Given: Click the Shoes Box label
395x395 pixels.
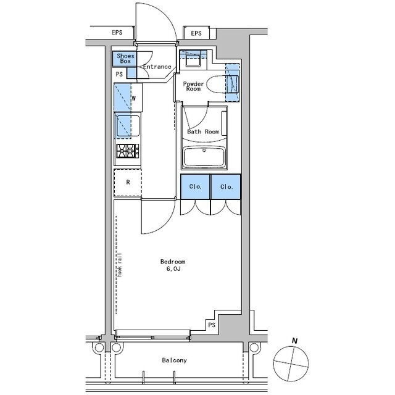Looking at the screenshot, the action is tap(125, 59).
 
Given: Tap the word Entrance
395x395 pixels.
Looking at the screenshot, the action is tap(157, 67).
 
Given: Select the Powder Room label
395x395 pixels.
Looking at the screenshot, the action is tap(193, 86).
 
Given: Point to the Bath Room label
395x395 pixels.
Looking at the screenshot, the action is tap(203, 131).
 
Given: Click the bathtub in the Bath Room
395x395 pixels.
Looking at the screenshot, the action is tap(204, 157).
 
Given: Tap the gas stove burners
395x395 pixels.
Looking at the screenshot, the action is tap(128, 151).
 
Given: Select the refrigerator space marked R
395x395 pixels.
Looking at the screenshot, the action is tap(128, 183).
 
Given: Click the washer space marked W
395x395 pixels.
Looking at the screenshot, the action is tap(128, 98).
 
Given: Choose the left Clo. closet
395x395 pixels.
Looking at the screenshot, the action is tap(195, 186).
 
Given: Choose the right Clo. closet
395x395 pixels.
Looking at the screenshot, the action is tap(226, 186).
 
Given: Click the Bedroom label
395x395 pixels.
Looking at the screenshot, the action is tap(173, 262).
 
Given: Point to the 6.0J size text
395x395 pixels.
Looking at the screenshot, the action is tap(173, 269).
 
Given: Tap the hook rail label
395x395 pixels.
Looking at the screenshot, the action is tap(120, 265).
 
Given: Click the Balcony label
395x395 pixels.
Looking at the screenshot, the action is tap(174, 360).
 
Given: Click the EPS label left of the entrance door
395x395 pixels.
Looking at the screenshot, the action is tap(117, 33).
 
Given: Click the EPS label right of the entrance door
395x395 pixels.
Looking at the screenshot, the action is tap(196, 33).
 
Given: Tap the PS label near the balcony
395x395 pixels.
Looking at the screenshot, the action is tap(212, 325).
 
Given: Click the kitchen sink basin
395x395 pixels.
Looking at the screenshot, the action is tap(128, 126).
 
